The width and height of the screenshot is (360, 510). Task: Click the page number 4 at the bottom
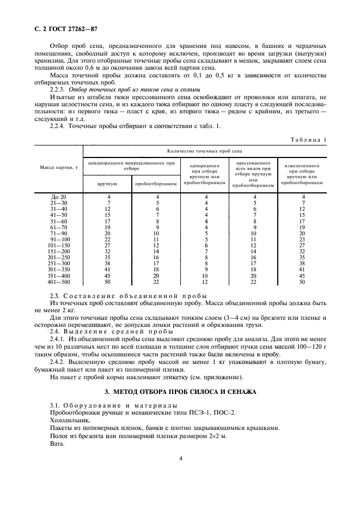(x=180, y=459)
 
